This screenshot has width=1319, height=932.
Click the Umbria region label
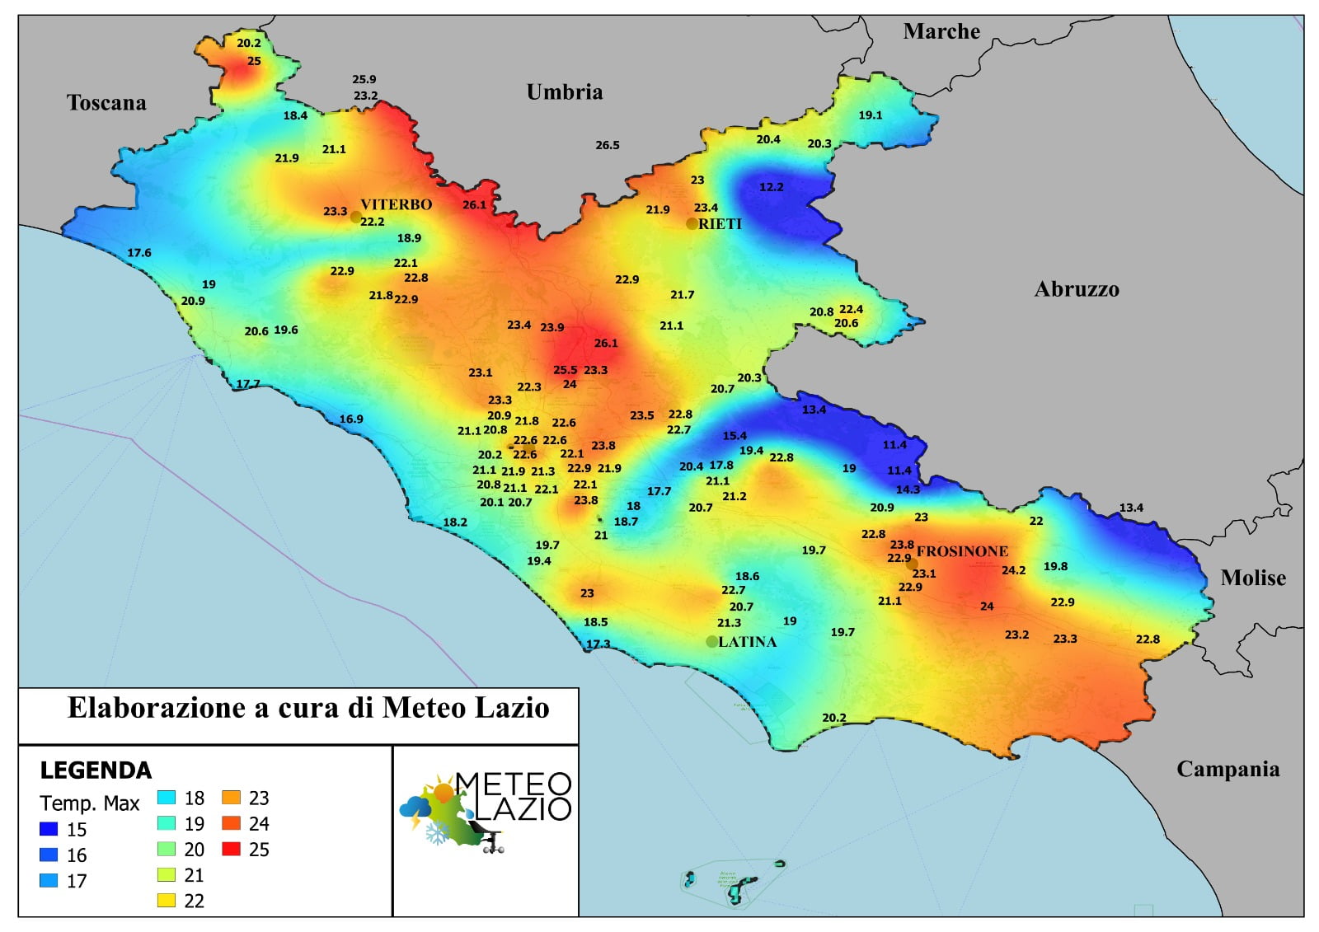(x=564, y=91)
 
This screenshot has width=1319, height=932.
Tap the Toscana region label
(x=106, y=102)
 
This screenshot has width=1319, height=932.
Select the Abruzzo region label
(x=1077, y=289)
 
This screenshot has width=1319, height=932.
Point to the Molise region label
(x=1252, y=578)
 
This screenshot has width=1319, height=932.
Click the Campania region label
(x=1227, y=769)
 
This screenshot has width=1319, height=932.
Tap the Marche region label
(x=941, y=31)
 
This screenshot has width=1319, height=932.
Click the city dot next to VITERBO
(x=355, y=218)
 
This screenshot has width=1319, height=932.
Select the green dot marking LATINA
(x=712, y=641)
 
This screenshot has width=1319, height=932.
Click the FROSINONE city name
(x=962, y=551)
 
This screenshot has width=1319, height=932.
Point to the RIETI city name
(x=720, y=223)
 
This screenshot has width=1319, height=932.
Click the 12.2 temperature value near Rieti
(x=771, y=187)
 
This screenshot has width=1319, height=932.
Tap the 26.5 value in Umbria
(x=608, y=145)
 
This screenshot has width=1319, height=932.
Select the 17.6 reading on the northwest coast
(x=139, y=253)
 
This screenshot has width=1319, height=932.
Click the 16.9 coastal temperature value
(x=351, y=419)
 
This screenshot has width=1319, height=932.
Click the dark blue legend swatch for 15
(x=49, y=829)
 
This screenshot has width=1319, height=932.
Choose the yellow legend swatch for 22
(x=167, y=901)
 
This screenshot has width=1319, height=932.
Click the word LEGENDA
(x=96, y=770)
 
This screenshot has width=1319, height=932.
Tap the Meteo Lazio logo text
(x=513, y=796)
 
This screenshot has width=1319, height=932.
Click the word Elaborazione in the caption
(x=156, y=708)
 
